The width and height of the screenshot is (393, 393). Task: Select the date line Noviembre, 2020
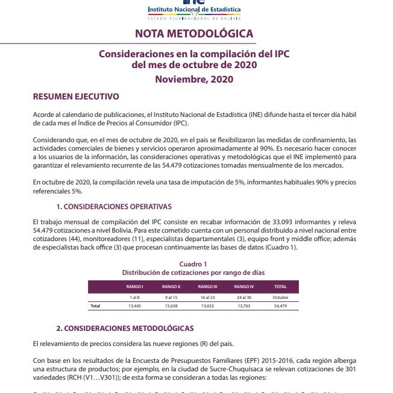point(193,79)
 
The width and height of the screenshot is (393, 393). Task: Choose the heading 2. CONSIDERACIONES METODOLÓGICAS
point(125,328)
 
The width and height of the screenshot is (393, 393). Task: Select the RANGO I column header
point(134,286)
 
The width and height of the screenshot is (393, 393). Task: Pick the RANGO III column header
point(207,286)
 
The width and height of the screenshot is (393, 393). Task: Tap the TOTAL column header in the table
point(280,286)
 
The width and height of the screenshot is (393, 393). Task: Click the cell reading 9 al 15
point(171,298)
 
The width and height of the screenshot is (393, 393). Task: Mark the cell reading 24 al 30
point(244,298)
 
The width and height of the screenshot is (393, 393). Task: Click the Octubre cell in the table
point(280,298)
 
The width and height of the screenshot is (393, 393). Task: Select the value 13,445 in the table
point(134,306)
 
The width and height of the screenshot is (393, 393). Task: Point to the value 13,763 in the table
point(244,306)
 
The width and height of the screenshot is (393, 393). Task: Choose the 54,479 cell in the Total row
point(280,306)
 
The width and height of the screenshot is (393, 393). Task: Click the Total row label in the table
point(95,306)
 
